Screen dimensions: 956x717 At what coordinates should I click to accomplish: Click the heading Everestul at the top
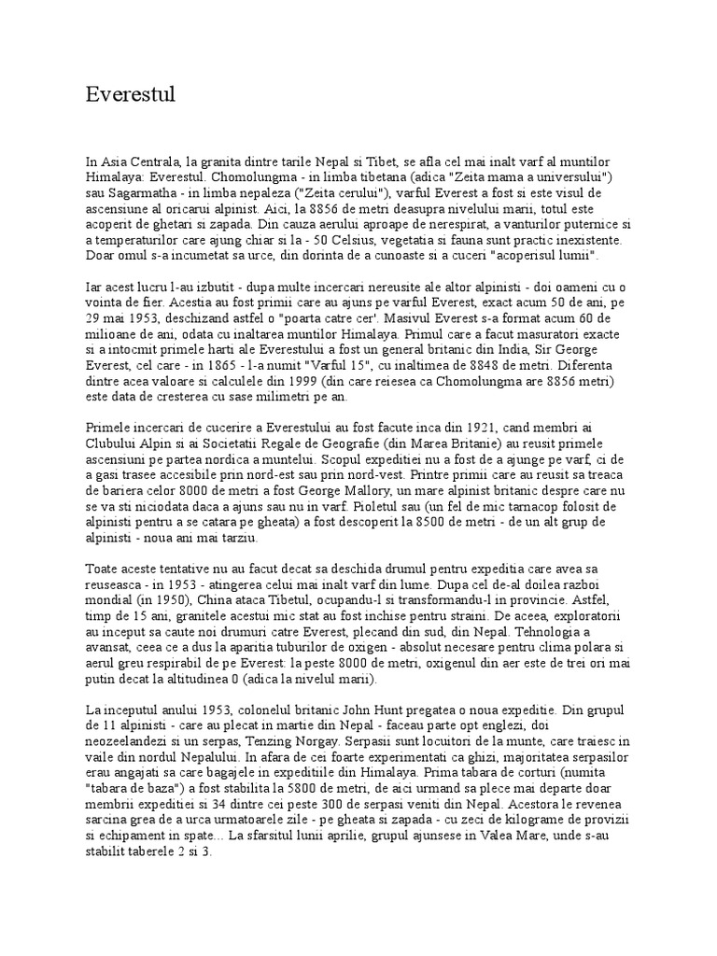[x=130, y=94]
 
